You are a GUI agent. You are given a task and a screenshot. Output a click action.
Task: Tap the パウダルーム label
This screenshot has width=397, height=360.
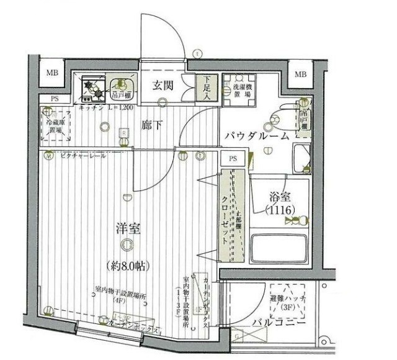[256, 135]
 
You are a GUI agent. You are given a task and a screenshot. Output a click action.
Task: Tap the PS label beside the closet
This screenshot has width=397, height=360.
[233, 159]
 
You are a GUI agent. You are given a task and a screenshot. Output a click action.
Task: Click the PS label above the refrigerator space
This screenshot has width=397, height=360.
[55, 99]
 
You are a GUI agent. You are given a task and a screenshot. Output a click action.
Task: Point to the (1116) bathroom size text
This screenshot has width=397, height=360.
[280, 210]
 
